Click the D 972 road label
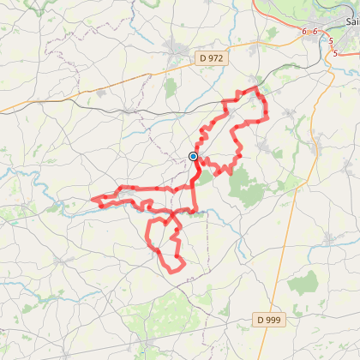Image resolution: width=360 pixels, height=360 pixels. (x=211, y=58)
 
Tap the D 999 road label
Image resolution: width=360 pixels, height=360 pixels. (x=269, y=320)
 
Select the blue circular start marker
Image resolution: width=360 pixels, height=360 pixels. (x=194, y=156)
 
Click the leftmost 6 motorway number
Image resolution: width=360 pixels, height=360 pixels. (x=303, y=31)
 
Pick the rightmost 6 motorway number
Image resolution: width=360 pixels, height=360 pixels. (x=315, y=32)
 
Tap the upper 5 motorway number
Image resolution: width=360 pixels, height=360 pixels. (x=331, y=40)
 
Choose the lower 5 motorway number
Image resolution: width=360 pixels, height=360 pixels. (x=335, y=53)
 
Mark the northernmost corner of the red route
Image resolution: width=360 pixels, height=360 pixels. (x=255, y=87)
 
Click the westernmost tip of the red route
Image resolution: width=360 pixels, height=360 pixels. (x=91, y=202)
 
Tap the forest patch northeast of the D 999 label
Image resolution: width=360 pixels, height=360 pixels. (x=303, y=284)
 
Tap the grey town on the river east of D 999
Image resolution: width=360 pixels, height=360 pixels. (x=329, y=241)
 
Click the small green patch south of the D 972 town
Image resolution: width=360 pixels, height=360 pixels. (x=171, y=86)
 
